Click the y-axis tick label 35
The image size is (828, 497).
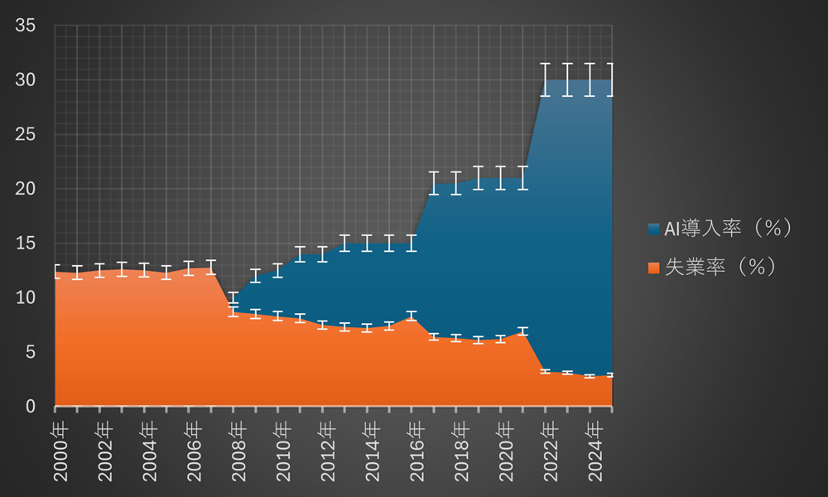[x=25, y=26]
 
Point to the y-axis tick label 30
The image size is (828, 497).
[x=25, y=80]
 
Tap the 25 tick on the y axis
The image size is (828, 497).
[x=25, y=134]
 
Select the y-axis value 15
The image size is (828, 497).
[x=25, y=244]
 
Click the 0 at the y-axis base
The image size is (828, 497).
[x=30, y=407]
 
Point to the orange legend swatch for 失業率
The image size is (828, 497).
[x=654, y=268]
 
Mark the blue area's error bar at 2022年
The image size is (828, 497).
[x=545, y=80]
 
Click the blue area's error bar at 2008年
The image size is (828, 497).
[x=233, y=298]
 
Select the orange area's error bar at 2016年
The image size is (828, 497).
[x=412, y=316]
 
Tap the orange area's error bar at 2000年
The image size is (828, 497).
[x=55, y=272]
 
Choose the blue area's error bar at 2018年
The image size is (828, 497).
[x=455, y=183]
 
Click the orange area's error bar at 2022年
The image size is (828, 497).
[x=545, y=371]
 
